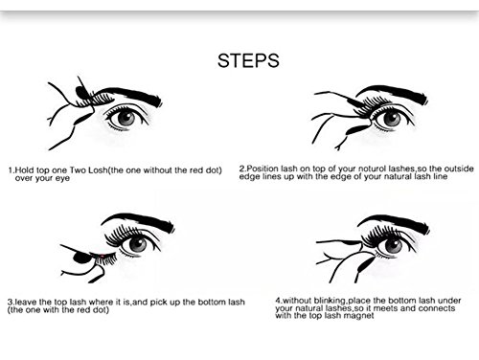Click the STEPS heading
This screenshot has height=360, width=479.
point(248,60)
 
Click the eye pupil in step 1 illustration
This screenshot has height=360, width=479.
point(126,118)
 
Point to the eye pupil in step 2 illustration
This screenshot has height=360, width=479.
point(392,119)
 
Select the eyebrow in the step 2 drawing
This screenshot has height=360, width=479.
point(393,93)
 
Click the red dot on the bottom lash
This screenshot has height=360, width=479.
point(102,256)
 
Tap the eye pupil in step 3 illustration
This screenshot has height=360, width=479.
point(138,244)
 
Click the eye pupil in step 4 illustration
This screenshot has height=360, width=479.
point(394,245)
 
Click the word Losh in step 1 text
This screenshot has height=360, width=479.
point(98,170)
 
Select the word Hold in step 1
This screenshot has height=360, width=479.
point(23,170)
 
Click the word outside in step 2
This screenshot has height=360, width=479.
point(459,169)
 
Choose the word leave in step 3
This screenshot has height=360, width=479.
point(24,302)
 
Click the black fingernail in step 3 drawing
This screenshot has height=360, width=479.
point(80,258)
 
